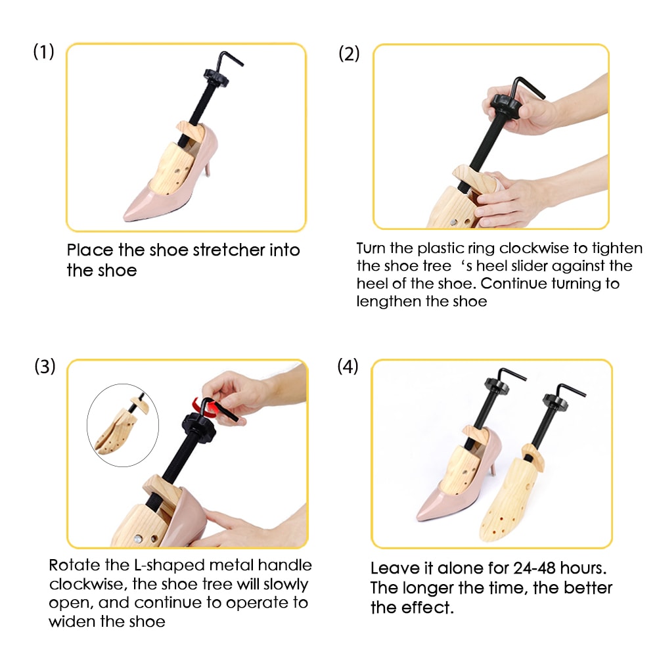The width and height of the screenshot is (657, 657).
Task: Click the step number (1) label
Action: (x=43, y=53)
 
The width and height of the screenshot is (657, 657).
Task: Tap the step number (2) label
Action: (x=349, y=53)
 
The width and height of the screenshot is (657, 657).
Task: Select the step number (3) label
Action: (x=45, y=367)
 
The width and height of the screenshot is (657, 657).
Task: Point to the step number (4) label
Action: (x=348, y=366)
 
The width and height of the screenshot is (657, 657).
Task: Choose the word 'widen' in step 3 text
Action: (x=73, y=622)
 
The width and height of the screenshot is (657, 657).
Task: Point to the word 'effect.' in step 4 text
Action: (x=426, y=608)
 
